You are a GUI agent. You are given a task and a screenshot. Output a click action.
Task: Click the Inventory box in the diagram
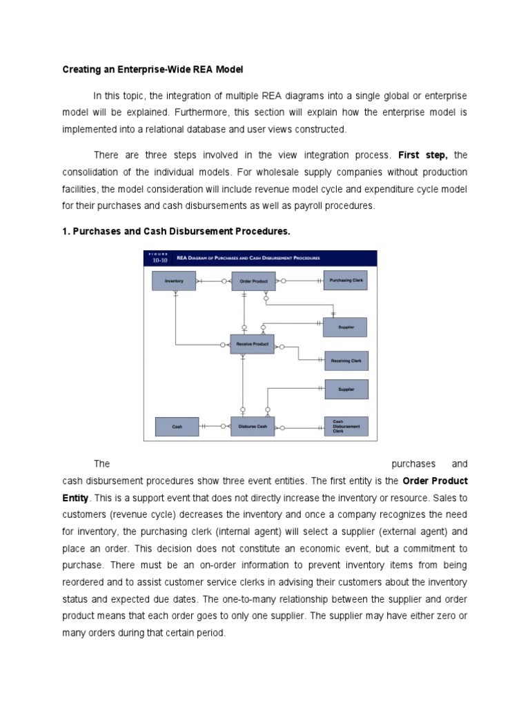click(174, 281)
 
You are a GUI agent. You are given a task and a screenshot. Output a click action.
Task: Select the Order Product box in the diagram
click(253, 281)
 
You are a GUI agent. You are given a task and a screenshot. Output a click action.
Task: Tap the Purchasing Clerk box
click(346, 280)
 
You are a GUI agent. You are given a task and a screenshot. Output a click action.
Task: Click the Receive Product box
click(252, 343)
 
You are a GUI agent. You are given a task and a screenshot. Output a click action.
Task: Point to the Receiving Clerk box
click(346, 360)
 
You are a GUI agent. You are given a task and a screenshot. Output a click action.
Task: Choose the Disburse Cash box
click(253, 427)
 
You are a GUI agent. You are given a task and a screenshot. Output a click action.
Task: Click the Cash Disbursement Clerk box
click(346, 427)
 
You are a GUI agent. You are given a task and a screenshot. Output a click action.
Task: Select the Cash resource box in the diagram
click(177, 427)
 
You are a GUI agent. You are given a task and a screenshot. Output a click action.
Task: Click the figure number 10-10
click(159, 261)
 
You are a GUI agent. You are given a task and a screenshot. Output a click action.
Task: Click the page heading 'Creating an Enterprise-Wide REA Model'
click(153, 70)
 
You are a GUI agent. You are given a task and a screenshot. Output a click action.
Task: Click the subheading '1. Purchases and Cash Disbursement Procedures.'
click(177, 232)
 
